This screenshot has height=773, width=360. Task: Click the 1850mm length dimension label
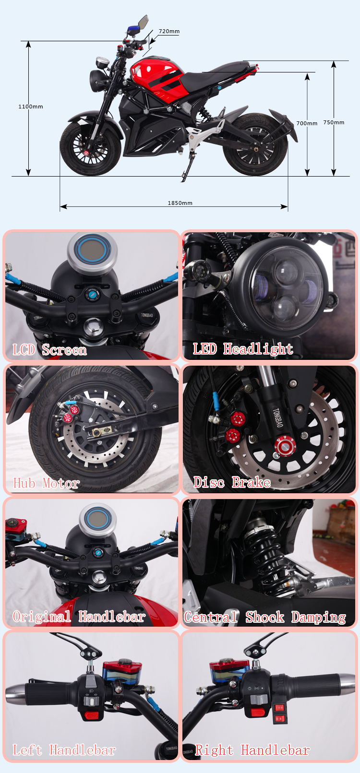tap(180, 203)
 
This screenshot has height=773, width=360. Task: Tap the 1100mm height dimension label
tap(31, 107)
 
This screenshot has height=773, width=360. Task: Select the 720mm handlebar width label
tap(169, 31)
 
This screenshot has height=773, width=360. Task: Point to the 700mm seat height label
tap(307, 123)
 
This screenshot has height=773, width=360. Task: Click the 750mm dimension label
tap(334, 122)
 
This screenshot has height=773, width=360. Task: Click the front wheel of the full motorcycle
tap(90, 148)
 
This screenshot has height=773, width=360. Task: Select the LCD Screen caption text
tap(50, 350)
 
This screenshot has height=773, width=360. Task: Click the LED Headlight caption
tap(243, 349)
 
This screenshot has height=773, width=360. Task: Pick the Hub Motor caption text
tap(46, 483)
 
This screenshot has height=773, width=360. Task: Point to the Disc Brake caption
tap(232, 482)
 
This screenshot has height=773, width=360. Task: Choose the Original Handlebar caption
tap(79, 616)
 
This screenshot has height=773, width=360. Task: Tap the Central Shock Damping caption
tap(265, 617)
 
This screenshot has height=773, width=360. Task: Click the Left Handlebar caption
tap(64, 750)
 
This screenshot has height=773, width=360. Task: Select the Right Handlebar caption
tap(252, 750)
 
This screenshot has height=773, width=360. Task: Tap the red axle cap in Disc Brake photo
tap(286, 446)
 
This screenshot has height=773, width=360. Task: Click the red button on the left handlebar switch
tap(92, 714)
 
